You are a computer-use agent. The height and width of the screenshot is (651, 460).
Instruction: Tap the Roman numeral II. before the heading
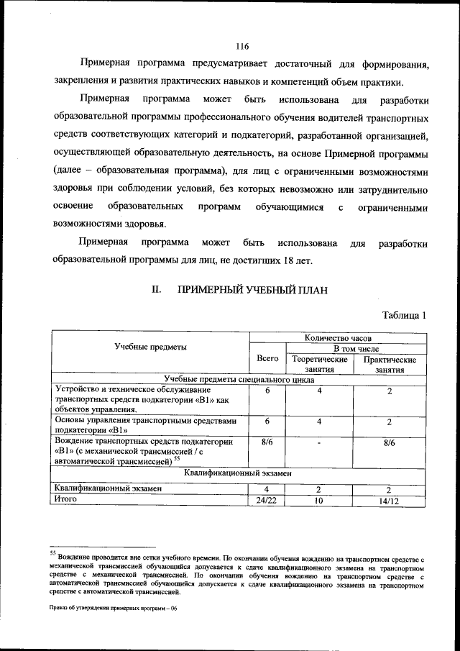click(155, 290)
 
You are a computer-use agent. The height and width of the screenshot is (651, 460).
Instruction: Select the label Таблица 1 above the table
click(405, 315)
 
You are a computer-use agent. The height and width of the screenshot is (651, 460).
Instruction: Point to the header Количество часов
click(338, 336)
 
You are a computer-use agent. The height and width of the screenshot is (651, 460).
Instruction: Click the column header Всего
click(267, 358)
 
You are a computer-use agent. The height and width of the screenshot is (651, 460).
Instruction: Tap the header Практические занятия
click(390, 364)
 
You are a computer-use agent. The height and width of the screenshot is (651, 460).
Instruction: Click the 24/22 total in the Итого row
click(267, 499)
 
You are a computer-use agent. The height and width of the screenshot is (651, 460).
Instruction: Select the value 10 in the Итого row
click(319, 499)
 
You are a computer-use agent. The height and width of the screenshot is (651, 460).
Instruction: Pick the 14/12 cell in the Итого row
click(389, 499)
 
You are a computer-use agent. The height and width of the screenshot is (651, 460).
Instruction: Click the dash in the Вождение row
click(319, 443)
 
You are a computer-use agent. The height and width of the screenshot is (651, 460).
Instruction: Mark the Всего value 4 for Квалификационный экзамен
click(267, 488)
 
